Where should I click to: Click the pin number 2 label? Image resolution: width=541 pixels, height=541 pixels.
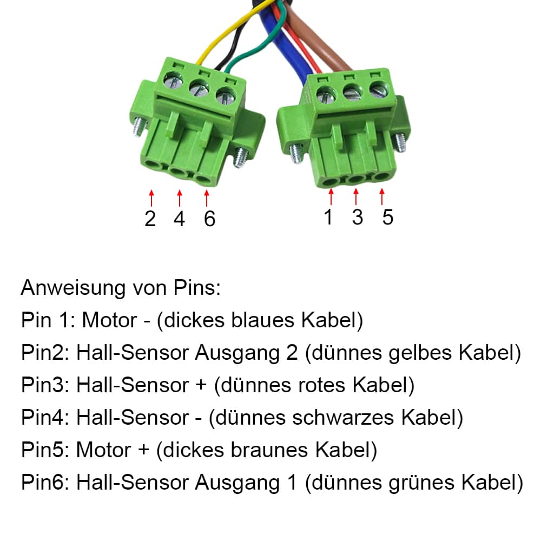tap(150, 218)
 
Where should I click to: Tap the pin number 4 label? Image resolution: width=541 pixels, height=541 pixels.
tap(179, 218)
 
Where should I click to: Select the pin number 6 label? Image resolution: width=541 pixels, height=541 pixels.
tap(209, 218)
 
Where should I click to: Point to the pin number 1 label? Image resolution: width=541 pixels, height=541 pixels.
tap(328, 216)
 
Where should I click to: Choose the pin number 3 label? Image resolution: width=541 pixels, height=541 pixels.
tap(357, 216)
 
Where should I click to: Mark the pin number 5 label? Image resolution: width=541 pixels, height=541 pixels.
tap(387, 216)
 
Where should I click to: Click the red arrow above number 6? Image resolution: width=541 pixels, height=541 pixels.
tap(206, 197)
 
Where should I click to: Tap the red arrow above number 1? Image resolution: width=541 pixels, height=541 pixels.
tap(331, 196)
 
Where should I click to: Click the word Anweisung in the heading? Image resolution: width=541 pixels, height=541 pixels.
tap(73, 288)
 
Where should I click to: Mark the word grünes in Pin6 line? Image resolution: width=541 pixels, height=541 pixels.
tap(424, 483)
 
